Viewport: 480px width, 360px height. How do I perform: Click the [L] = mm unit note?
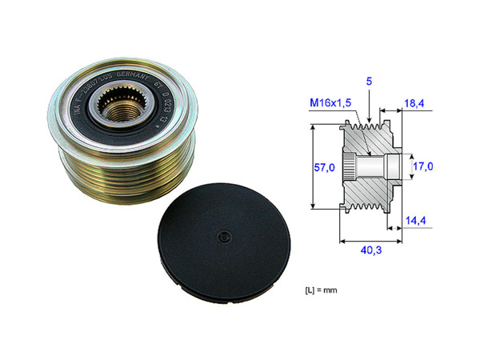(324, 287)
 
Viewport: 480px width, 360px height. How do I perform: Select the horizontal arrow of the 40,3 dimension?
(369, 238)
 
